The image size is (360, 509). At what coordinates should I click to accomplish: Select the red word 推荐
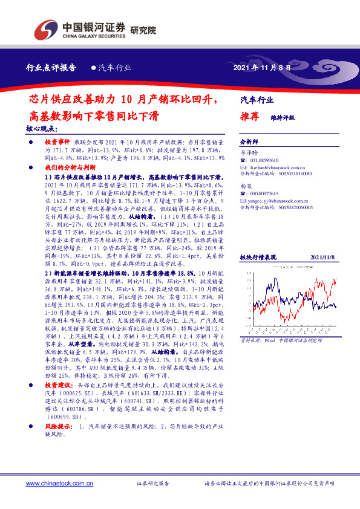[250, 117]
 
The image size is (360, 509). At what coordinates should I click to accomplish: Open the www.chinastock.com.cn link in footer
[59, 484]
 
